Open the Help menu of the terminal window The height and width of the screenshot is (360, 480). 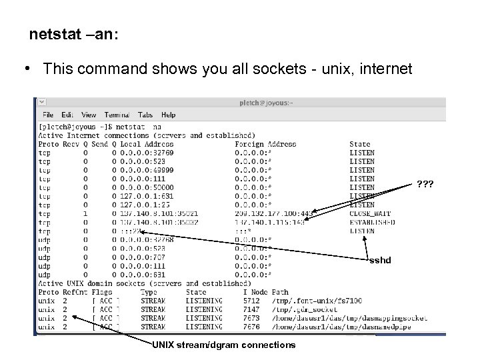pyautogui.click(x=168, y=115)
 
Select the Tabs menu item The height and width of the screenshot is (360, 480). pyautogui.click(x=145, y=115)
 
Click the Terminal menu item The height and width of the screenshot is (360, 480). pyautogui.click(x=117, y=115)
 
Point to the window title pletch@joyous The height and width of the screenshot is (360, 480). pyautogui.click(x=265, y=103)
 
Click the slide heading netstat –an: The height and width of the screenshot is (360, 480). pyautogui.click(x=74, y=35)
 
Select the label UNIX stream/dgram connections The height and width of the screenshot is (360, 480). pyautogui.click(x=223, y=345)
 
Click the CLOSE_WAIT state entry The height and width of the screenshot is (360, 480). pyautogui.click(x=370, y=213)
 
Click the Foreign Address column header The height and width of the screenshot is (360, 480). pyautogui.click(x=265, y=144)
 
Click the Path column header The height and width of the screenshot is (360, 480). pyautogui.click(x=280, y=292)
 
